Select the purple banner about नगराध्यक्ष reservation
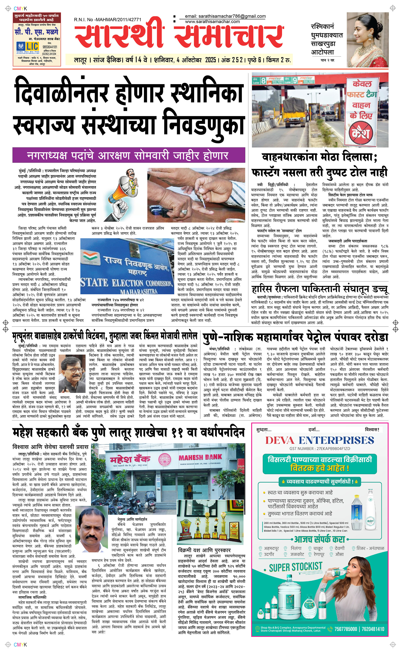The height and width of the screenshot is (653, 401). click(x=129, y=155)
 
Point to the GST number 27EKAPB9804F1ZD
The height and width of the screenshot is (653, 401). click(x=320, y=449)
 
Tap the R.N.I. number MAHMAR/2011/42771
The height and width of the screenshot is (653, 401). click(x=107, y=19)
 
